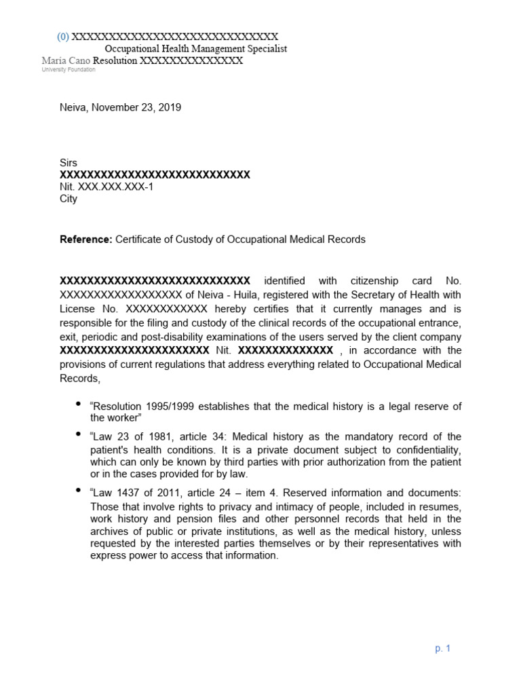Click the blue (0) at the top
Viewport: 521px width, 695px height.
[x=62, y=37]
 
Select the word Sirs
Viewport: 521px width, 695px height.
[x=69, y=163]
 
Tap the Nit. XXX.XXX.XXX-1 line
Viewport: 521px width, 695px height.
[x=107, y=187]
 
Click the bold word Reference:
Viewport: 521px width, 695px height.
[x=86, y=240]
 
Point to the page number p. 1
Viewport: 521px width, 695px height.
[x=443, y=648]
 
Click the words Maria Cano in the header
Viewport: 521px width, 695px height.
[x=66, y=61]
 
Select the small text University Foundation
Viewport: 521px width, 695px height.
[x=69, y=70]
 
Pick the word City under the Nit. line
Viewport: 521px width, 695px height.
[x=69, y=199]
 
